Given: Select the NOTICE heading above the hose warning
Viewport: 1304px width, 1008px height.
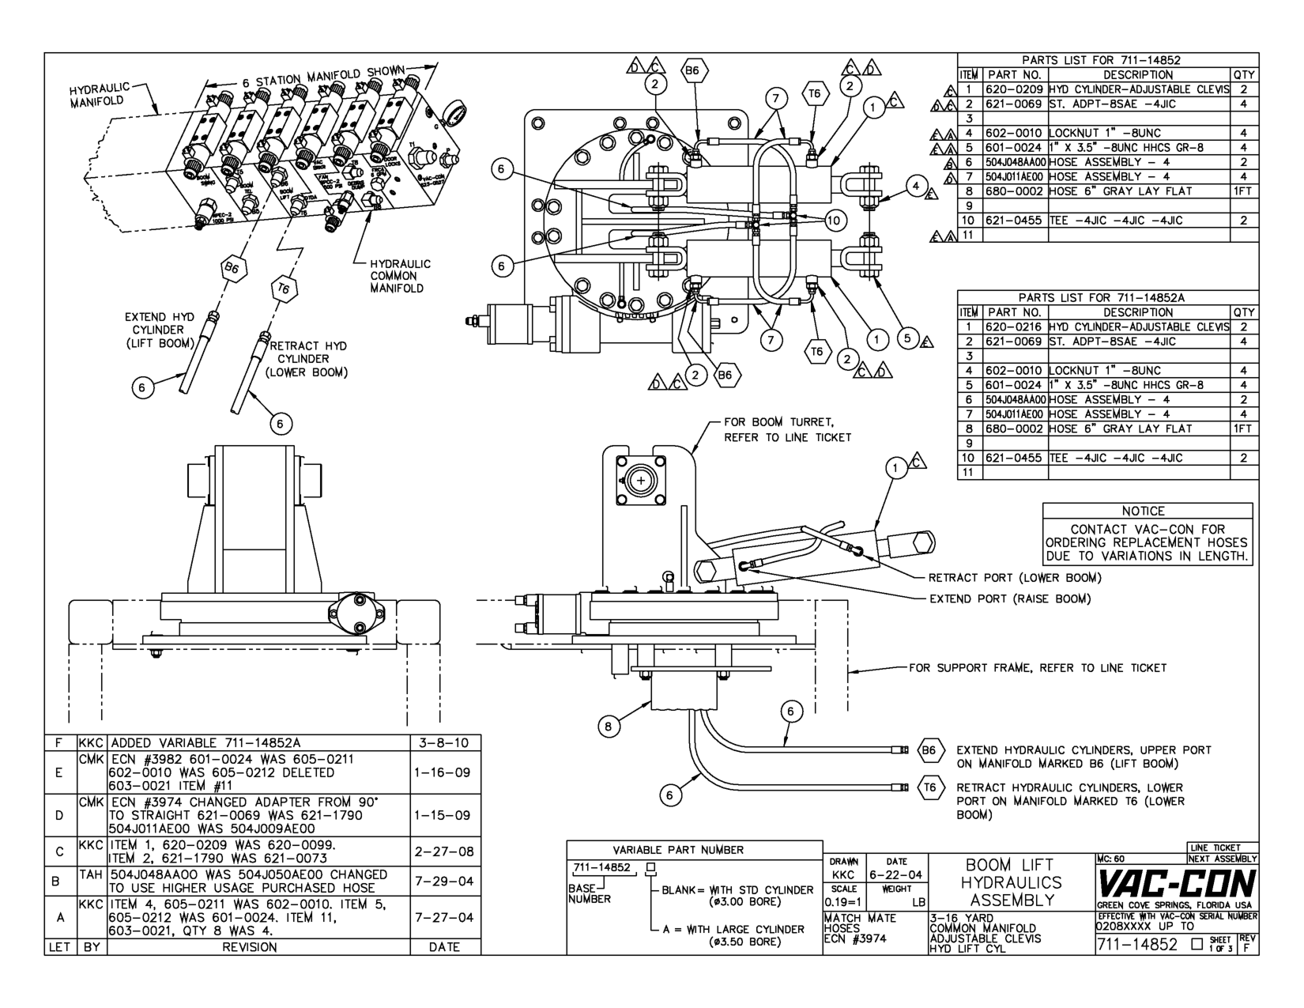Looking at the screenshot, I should pos(1143,511).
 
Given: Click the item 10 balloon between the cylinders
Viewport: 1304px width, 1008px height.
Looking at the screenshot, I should pos(835,221).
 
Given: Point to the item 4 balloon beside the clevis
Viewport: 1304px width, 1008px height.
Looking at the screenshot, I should pos(915,187).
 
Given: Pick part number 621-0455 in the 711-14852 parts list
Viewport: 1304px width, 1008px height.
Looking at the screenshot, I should pos(1014,221).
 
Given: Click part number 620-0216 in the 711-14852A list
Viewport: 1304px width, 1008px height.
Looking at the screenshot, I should pos(1014,327).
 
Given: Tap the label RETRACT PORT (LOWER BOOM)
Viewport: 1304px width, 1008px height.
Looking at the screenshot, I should pos(1014,578).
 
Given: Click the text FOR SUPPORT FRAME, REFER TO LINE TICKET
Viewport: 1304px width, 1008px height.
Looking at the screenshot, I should pos(1037,668).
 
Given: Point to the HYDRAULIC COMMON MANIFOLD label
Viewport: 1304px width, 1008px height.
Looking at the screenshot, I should pos(400,276).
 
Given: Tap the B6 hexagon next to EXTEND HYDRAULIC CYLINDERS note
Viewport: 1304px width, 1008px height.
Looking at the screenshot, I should pos(930,749).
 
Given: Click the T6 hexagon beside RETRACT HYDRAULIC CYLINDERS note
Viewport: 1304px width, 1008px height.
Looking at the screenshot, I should pos(930,787).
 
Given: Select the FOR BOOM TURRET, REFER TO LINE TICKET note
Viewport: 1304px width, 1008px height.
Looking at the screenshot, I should pos(787,429).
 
